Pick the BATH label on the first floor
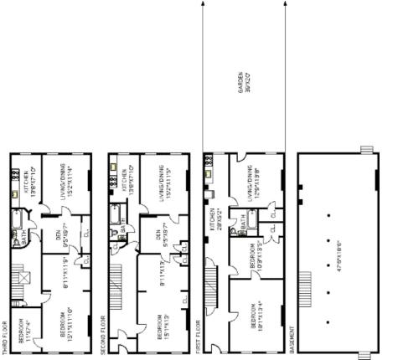click(x=244, y=224)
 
